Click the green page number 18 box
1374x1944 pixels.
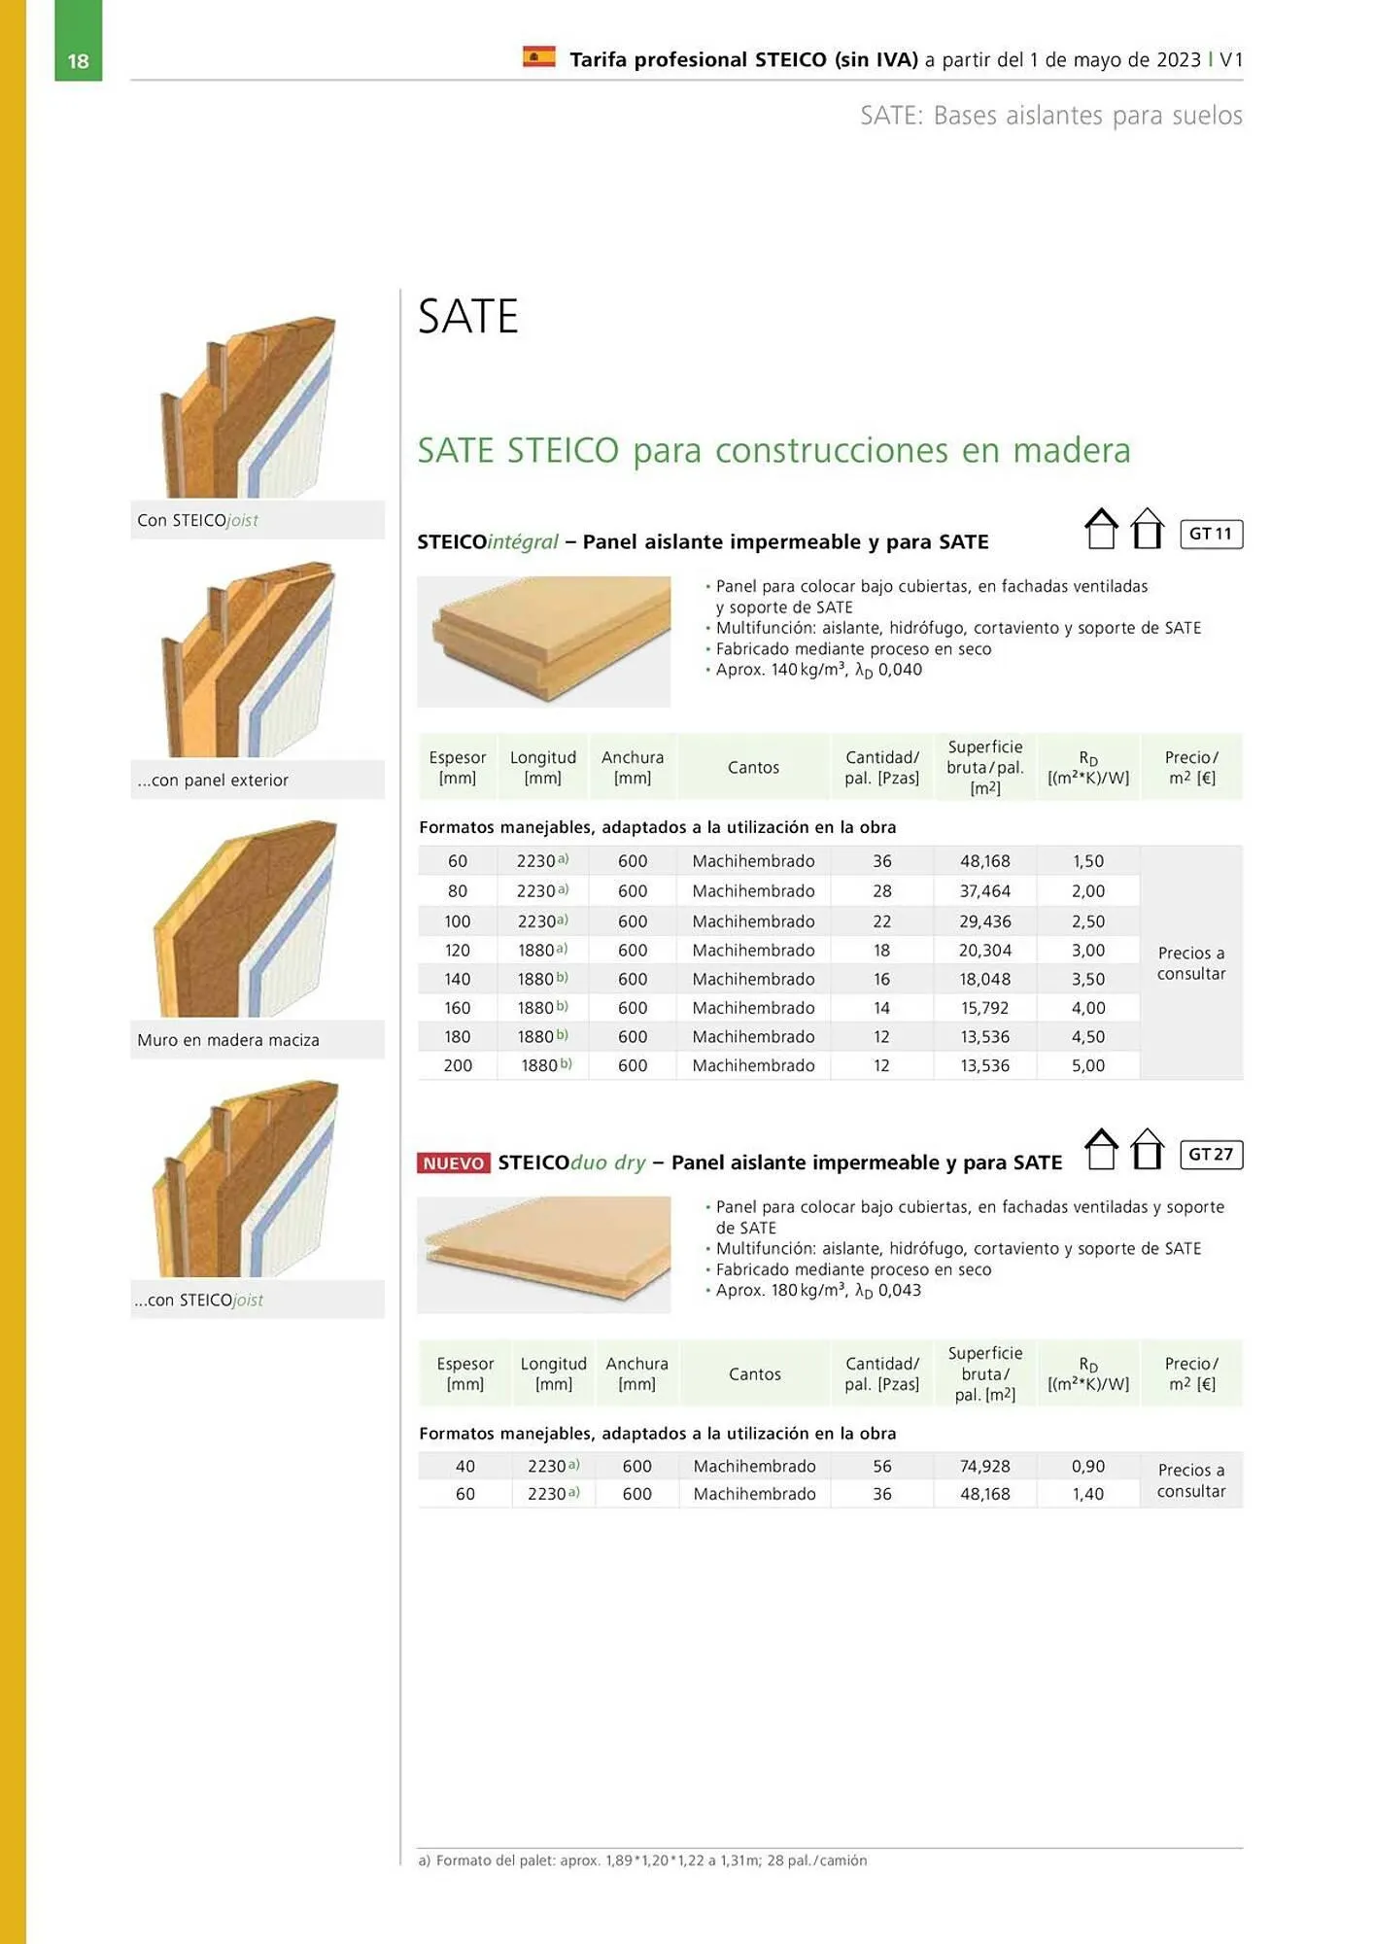[78, 40]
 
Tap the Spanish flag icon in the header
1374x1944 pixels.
[539, 57]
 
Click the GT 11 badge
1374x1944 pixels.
[1211, 534]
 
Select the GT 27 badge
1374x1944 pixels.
[1211, 1154]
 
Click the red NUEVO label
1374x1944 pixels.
[454, 1163]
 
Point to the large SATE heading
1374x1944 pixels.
[468, 316]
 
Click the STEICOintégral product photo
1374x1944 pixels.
[544, 642]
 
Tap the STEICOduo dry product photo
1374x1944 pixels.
[544, 1254]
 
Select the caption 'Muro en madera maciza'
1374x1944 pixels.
[228, 1040]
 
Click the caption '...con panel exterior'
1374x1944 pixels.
[213, 781]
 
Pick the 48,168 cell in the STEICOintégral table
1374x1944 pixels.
[985, 861]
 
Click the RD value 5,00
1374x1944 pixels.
[1088, 1065]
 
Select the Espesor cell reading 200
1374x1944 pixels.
[458, 1065]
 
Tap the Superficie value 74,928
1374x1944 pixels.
[985, 1466]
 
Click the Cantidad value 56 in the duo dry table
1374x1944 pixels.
[882, 1466]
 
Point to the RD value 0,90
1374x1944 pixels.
[1088, 1466]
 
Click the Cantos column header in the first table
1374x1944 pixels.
[754, 768]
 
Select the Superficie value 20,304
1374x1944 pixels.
[985, 951]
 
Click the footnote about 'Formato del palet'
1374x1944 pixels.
[642, 1860]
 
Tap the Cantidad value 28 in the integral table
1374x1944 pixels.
[882, 891]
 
